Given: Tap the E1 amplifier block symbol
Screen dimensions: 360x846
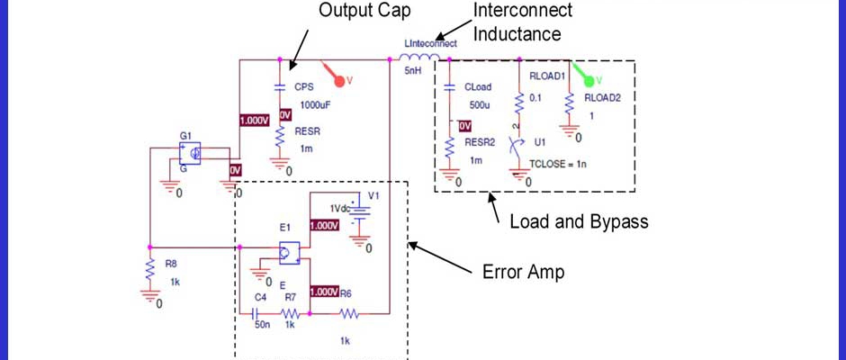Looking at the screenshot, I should tap(290, 254).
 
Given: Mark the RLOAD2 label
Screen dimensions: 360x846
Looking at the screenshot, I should tap(602, 97).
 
